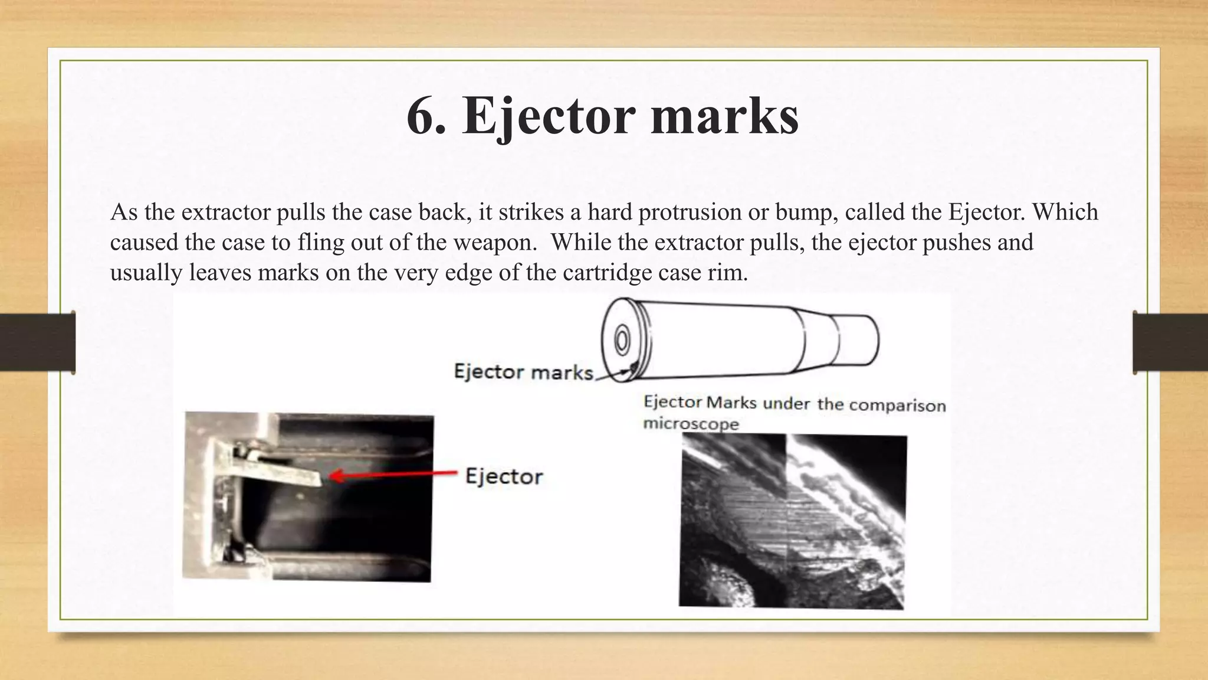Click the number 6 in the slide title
423,116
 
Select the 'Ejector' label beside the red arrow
504,476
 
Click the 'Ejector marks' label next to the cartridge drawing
523,372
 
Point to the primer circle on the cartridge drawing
621,341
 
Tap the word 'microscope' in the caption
691,424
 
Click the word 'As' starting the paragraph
124,212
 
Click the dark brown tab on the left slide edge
37,342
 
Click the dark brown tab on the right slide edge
1170,342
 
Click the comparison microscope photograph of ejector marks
792,521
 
